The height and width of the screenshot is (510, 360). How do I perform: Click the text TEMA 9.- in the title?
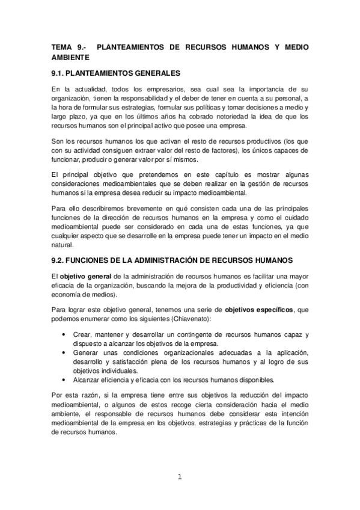68,46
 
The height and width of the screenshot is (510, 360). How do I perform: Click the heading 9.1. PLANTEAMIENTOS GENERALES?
115,73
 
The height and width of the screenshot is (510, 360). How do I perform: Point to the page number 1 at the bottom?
179,477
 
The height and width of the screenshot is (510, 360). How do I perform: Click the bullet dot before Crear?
64,334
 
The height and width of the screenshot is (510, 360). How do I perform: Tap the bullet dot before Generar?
64,352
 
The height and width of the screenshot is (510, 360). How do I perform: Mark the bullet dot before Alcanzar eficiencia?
64,379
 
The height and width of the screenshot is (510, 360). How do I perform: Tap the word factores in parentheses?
223,150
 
